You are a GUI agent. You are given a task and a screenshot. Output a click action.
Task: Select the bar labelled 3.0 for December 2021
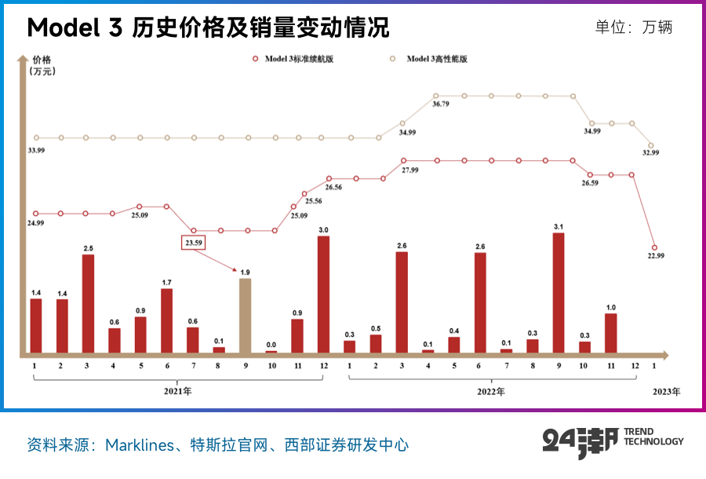(323, 294)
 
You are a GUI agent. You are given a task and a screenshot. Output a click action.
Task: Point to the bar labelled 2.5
(88, 304)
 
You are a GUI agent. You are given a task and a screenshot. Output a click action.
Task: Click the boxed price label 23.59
(194, 243)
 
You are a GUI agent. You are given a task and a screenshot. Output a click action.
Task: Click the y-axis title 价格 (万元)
(42, 65)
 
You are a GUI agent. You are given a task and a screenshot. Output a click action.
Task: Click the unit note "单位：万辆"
(634, 27)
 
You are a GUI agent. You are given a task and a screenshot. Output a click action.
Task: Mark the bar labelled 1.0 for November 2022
(610, 334)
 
